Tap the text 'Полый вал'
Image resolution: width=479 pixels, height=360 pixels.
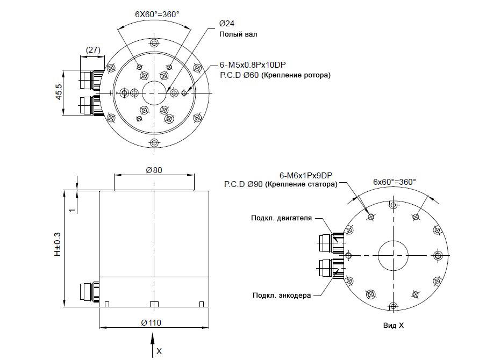click(238, 34)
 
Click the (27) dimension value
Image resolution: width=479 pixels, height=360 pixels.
click(93, 50)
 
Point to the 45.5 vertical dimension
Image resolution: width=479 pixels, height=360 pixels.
click(59, 92)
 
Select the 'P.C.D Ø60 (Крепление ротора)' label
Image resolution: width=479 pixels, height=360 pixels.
click(275, 76)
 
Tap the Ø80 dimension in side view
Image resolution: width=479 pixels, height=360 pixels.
click(154, 170)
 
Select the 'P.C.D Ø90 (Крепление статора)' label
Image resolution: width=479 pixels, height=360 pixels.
click(281, 184)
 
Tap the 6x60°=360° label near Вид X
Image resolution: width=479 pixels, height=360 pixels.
click(395, 182)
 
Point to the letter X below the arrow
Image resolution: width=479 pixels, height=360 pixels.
click(159, 351)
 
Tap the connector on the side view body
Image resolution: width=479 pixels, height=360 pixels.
click(88, 291)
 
